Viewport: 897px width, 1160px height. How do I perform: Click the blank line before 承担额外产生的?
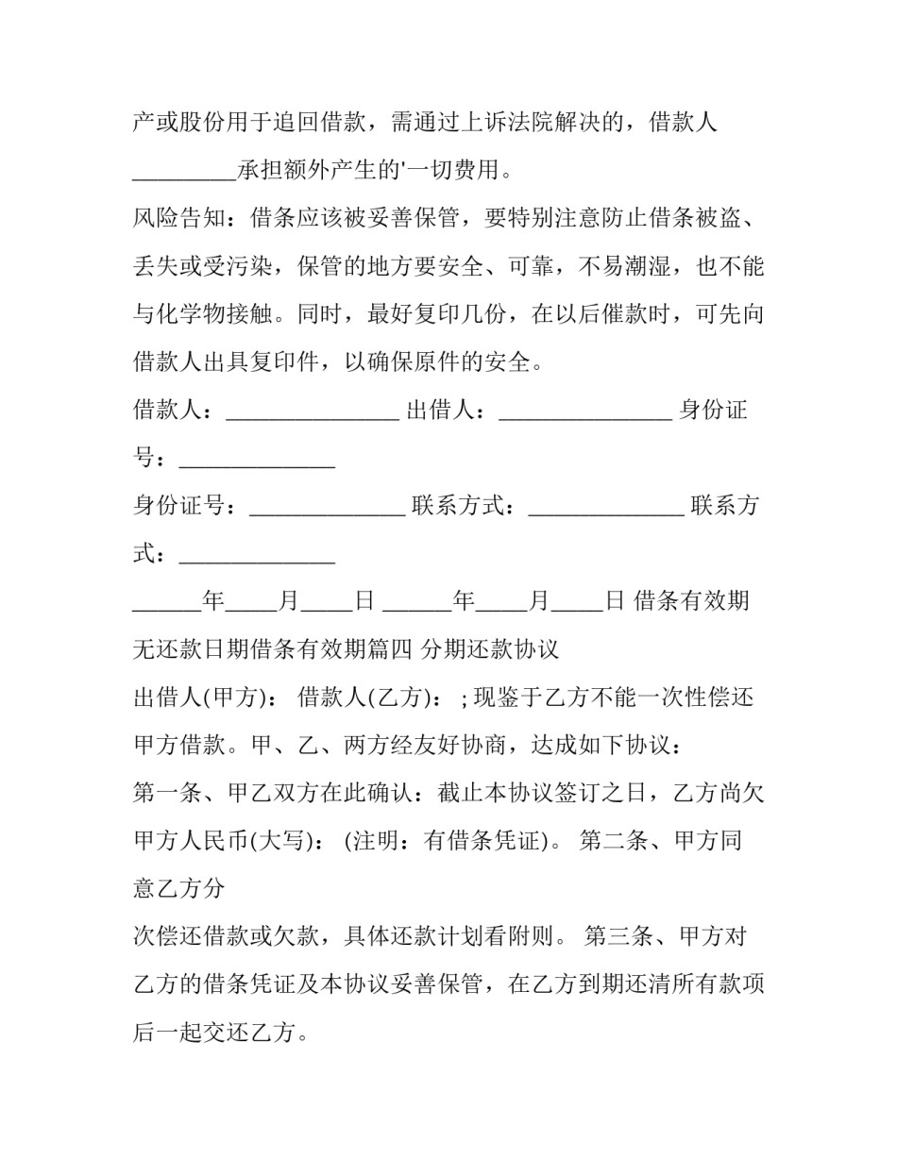pyautogui.click(x=183, y=171)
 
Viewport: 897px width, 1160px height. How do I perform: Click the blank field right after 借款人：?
pyautogui.click(x=313, y=412)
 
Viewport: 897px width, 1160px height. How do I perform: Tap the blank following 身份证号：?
pyautogui.click(x=327, y=507)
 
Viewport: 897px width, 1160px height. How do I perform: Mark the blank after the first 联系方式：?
pyautogui.click(x=606, y=507)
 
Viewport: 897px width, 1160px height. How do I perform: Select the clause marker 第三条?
pyautogui.click(x=618, y=937)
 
